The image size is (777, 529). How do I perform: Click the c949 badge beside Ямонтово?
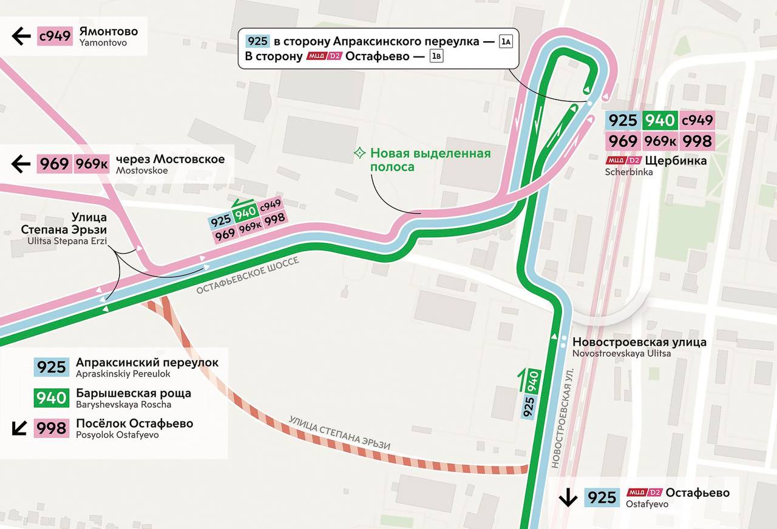coord(55,36)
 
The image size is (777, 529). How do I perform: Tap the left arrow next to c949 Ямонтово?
coord(21,36)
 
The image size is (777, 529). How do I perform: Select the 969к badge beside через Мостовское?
coord(92,164)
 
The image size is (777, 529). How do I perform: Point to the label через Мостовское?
coord(170,160)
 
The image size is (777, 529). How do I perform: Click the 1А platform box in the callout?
coord(506,41)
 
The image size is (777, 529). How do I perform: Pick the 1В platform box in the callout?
coord(436,56)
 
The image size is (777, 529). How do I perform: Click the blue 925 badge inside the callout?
coord(257,41)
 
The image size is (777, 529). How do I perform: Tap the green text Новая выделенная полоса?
coord(430,160)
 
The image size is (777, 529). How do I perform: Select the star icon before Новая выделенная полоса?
coord(360,153)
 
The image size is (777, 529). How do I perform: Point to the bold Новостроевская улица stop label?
coord(639,342)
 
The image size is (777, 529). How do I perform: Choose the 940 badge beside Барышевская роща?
coord(52,398)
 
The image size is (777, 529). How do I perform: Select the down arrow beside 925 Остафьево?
coord(568,498)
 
